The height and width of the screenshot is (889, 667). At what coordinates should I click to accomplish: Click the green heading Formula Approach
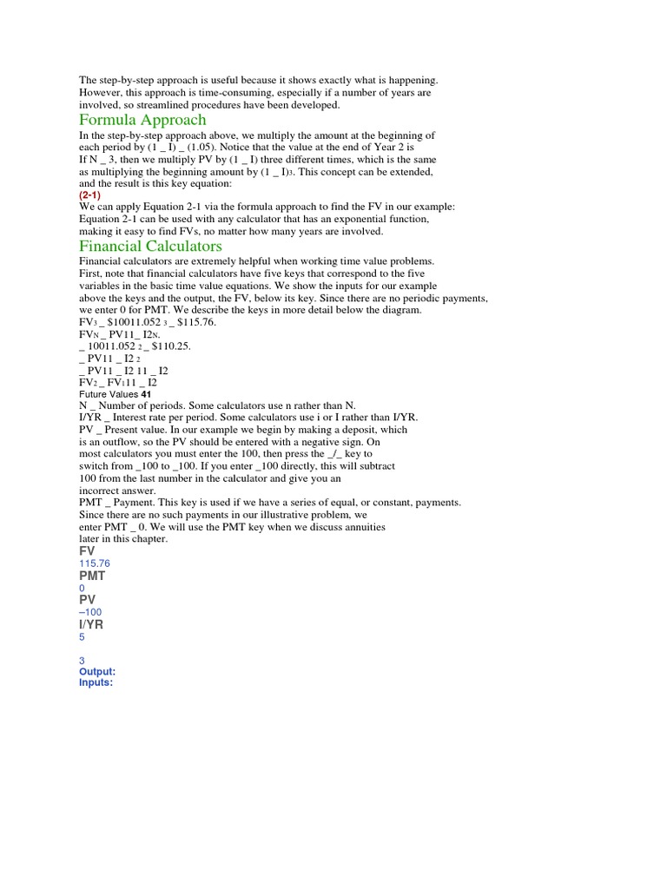pyautogui.click(x=142, y=120)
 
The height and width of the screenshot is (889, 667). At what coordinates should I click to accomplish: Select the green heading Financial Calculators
pyautogui.click(x=150, y=246)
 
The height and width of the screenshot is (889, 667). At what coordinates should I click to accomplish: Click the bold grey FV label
pyautogui.click(x=87, y=551)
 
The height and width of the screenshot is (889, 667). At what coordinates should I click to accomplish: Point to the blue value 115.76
pyautogui.click(x=95, y=563)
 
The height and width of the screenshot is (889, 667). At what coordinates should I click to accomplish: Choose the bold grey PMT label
pyautogui.click(x=92, y=576)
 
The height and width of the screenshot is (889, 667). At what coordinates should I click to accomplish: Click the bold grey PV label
pyautogui.click(x=87, y=600)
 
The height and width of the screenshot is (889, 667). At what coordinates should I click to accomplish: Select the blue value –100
pyautogui.click(x=90, y=612)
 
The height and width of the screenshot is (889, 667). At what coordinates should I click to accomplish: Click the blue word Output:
pyautogui.click(x=96, y=672)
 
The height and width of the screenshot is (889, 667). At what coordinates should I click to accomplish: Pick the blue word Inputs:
pyautogui.click(x=96, y=683)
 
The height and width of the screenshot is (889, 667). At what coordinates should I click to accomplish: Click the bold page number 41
pyautogui.click(x=146, y=394)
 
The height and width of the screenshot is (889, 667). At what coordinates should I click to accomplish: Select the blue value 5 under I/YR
pyautogui.click(x=82, y=636)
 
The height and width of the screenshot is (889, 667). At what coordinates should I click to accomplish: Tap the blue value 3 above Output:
pyautogui.click(x=82, y=661)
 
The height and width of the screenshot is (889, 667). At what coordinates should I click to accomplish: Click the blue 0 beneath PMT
pyautogui.click(x=82, y=588)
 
